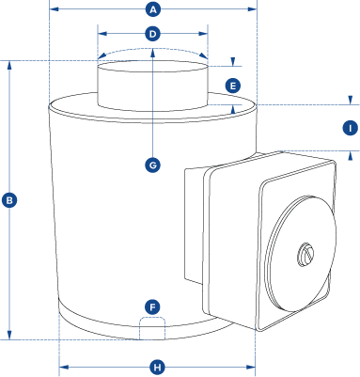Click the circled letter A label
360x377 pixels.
pos(153,9)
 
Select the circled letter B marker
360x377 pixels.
pos(9,199)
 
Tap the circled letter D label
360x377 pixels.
pos(153,34)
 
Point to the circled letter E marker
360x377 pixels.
pos(232,86)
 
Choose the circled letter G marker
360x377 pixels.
pos(153,165)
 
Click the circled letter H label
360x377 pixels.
pos(157,367)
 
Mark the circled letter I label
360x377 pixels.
pos(350,127)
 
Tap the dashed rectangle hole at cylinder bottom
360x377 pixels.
pos(152,328)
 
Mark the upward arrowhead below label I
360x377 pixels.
pos(350,153)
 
